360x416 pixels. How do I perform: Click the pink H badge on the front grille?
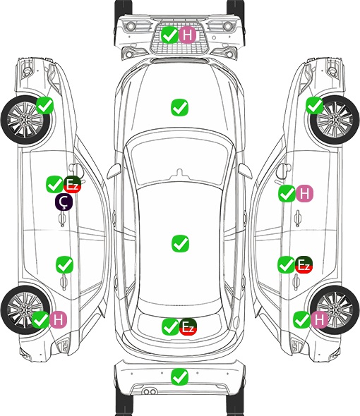click(x=187, y=35)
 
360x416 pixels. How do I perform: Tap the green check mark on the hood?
click(x=179, y=107)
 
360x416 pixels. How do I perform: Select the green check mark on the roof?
click(x=180, y=243)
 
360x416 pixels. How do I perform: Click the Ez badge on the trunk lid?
click(x=188, y=327)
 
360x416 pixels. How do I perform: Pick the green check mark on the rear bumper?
click(x=179, y=377)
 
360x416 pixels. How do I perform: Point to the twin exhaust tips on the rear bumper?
click(x=150, y=392)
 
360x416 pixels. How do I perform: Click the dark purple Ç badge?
click(x=64, y=202)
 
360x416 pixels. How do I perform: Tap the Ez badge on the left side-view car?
click(x=72, y=185)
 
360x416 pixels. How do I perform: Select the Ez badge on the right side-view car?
click(x=304, y=265)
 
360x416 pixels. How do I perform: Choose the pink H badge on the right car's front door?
click(x=304, y=194)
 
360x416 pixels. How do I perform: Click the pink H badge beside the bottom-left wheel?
click(x=58, y=319)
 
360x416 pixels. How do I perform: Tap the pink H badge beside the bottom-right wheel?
click(x=319, y=319)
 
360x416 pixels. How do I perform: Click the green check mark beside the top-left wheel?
click(x=44, y=106)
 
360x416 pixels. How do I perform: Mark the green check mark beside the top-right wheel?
click(x=315, y=106)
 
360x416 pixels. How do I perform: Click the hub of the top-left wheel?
click(x=25, y=120)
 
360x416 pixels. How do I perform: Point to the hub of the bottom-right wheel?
click(x=335, y=310)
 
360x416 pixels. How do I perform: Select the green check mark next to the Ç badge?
click(x=55, y=185)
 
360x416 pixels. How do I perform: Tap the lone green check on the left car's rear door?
click(x=64, y=265)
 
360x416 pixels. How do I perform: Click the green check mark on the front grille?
click(x=170, y=35)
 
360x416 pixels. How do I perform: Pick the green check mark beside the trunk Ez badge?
click(x=170, y=327)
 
